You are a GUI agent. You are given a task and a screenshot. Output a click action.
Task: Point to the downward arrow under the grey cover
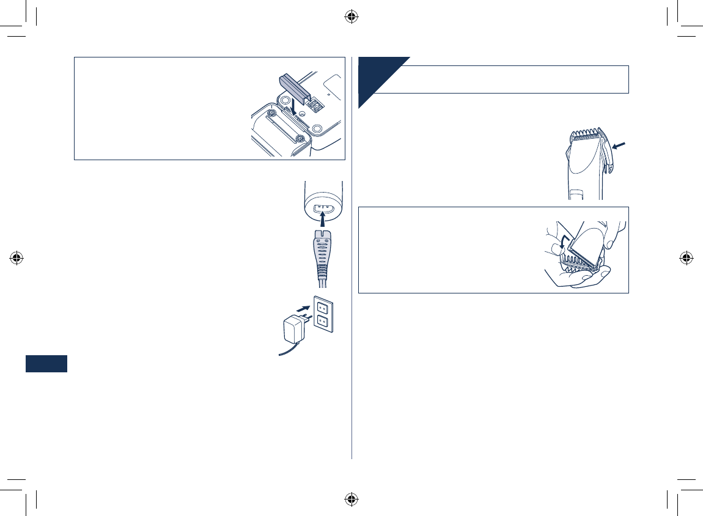(294, 105)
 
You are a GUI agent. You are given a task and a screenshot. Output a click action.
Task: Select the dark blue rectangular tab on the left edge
(46, 363)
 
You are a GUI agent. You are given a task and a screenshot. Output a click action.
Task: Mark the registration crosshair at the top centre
(351, 17)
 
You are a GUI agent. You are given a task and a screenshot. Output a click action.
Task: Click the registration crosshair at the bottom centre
(351, 499)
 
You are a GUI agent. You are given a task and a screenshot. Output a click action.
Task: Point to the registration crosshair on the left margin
(17, 257)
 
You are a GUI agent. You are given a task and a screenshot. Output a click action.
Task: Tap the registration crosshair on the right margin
(686, 257)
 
